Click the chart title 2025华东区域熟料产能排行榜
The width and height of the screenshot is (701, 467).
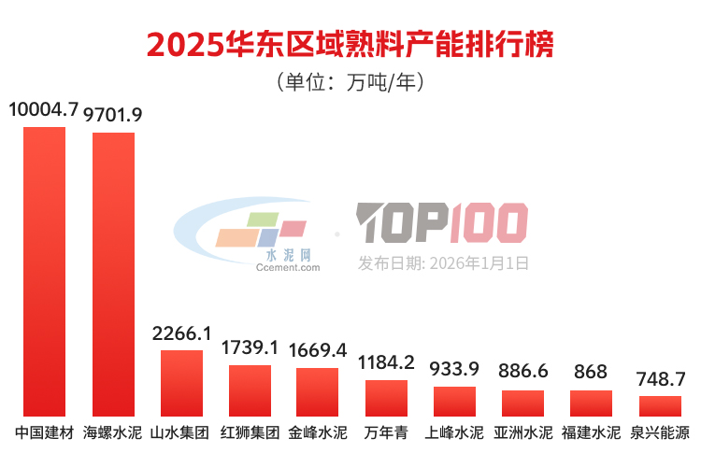pos(350,45)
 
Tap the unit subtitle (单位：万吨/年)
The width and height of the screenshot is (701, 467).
pos(350,83)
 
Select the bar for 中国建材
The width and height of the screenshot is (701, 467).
pos(44,271)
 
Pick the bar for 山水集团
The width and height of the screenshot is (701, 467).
pos(181,383)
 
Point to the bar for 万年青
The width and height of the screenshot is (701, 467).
pos(386,398)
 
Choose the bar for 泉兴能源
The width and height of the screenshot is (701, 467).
pos(660,405)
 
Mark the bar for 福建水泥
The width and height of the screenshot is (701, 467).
pos(592,403)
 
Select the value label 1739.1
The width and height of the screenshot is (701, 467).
pos(250,347)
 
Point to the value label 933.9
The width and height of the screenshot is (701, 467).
pos(454,368)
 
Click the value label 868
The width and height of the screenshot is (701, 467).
pos(591,372)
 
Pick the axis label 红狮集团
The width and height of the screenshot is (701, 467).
pos(250,433)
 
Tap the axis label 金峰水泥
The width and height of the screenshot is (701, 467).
pos(318,433)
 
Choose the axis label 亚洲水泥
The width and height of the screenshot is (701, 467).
pos(522,433)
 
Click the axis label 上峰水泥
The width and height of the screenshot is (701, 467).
pos(454,433)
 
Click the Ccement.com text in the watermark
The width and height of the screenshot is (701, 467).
pos(288,267)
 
